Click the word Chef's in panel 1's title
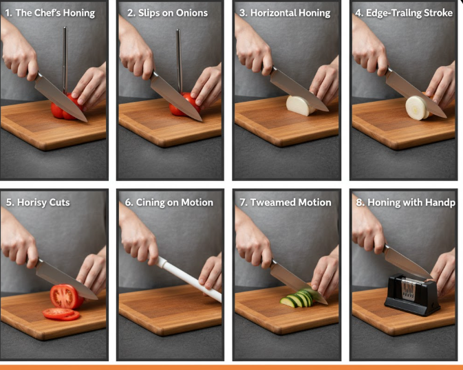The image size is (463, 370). tap(47, 12)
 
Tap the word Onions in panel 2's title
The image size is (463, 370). tap(192, 13)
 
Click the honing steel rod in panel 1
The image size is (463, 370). tap(65, 60)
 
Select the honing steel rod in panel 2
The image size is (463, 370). tap(179, 61)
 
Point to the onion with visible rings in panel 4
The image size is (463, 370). tap(417, 108)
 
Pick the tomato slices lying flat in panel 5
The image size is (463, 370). tap(61, 314)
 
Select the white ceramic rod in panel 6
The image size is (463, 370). tap(190, 279)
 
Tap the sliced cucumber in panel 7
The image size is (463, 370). tap(299, 298)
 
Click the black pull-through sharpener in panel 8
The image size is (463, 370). tap(412, 295)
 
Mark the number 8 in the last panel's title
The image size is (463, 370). tap(358, 203)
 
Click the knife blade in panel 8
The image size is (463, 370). tap(407, 262)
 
